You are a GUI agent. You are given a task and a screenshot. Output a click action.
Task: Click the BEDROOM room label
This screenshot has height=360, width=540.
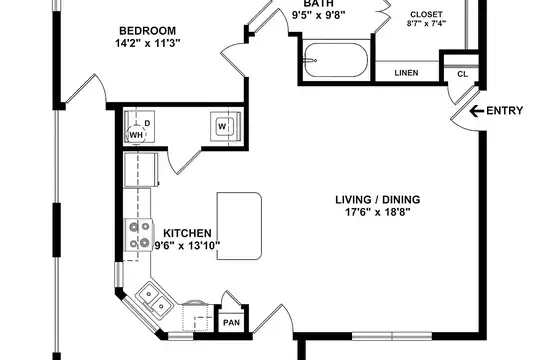tap(147, 31)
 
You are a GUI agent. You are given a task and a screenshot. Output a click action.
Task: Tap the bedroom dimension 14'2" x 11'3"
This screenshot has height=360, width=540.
tap(148, 43)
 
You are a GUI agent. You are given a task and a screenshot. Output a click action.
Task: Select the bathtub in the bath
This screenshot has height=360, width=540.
tap(336, 60)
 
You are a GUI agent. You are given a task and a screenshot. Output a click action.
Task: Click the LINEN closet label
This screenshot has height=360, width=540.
tap(406, 73)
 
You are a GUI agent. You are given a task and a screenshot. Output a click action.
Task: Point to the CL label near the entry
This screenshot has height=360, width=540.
tap(463, 74)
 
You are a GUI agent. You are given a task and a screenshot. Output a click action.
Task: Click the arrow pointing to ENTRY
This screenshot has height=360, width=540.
tap(477, 111)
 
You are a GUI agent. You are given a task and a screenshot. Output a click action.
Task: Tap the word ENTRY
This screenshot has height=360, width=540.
tap(505, 111)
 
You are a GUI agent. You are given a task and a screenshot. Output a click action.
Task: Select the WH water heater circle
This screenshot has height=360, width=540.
tap(136, 134)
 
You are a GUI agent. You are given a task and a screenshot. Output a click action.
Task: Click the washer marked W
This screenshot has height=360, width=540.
tap(222, 126)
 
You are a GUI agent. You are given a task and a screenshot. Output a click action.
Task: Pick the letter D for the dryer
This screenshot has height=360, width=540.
tap(147, 123)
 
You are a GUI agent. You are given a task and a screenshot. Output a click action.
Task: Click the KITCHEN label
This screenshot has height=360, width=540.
tap(187, 233)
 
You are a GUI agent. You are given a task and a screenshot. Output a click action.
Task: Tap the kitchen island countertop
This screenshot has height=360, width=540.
tap(239, 226)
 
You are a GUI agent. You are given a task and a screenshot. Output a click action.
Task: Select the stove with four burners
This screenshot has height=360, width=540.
tap(139, 235)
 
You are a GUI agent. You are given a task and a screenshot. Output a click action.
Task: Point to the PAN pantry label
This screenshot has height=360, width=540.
tap(231, 323)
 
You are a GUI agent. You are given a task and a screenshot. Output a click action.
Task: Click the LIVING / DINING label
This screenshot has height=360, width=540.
tap(378, 200)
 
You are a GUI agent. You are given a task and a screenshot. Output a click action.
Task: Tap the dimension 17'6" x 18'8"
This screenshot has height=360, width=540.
tap(378, 212)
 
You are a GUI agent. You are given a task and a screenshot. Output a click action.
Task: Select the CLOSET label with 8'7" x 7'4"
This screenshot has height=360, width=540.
tap(426, 19)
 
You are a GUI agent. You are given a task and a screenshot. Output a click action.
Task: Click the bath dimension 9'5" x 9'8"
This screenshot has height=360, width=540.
tap(319, 15)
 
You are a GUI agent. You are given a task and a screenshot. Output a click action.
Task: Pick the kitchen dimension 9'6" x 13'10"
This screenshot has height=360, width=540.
tap(187, 246)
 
